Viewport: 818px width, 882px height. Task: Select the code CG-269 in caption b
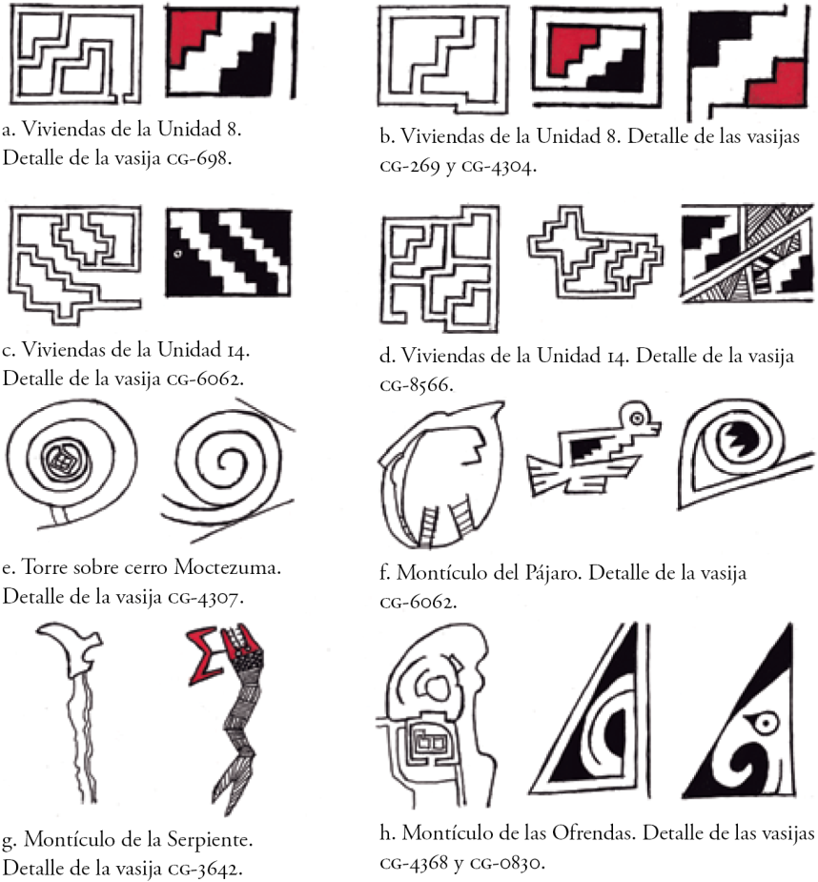click(x=410, y=167)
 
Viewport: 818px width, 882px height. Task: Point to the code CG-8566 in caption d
click(x=417, y=386)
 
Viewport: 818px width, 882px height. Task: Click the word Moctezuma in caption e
click(x=227, y=567)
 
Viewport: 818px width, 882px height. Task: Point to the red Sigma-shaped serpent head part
click(x=206, y=655)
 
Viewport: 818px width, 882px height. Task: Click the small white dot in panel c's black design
click(x=177, y=254)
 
